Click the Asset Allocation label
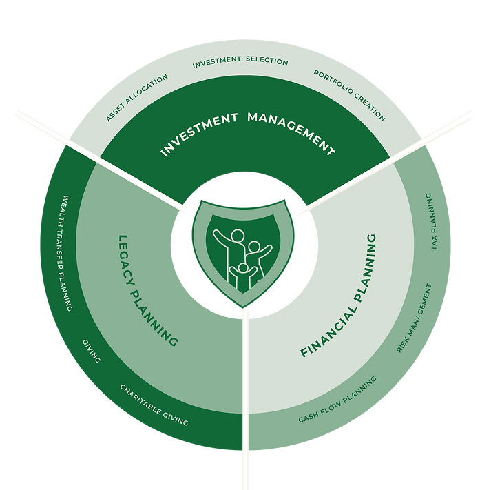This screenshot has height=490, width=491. (x=138, y=98)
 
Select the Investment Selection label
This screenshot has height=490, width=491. (x=240, y=62)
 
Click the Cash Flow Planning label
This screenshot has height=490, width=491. (x=338, y=400)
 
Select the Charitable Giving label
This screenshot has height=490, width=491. (x=154, y=405)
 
